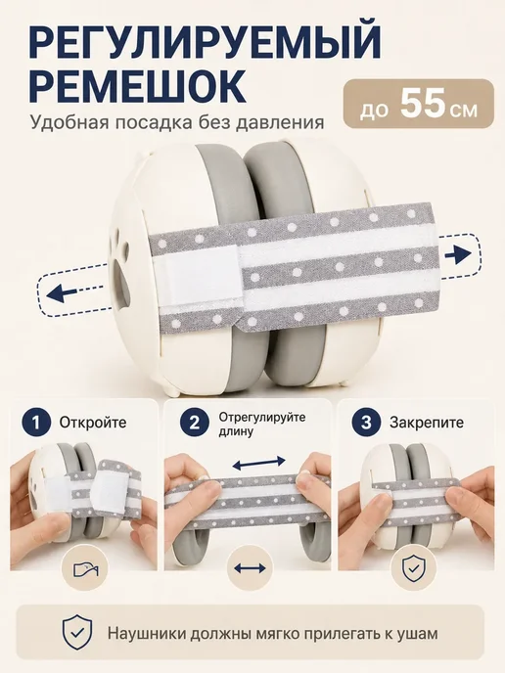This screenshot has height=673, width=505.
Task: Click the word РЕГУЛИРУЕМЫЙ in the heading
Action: point(205,42)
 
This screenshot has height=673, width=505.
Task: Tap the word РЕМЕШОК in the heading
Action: point(138,85)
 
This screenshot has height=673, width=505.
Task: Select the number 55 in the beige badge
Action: point(422,105)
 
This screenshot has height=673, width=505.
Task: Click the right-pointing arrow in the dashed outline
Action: point(458,255)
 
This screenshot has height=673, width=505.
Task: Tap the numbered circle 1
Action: point(36,423)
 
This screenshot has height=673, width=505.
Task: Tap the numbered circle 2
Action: point(195,423)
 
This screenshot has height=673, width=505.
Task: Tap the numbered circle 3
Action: point(366,423)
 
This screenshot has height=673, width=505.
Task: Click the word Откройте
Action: point(93,423)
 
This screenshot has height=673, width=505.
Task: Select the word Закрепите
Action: point(427,423)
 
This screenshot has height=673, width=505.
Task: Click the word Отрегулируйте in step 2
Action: point(262,417)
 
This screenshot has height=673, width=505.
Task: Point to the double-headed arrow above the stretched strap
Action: point(258,463)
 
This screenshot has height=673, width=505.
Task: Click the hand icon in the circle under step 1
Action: point(86,569)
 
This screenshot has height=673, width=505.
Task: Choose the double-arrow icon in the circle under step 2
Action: point(250,568)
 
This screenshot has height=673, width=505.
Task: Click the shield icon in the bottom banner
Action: point(77,634)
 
